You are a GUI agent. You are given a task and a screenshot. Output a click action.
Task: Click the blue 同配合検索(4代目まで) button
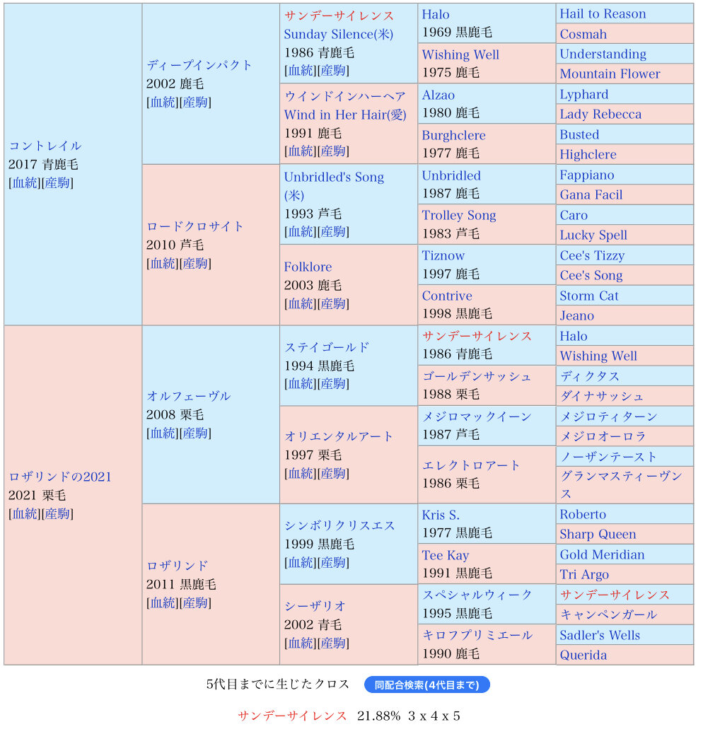coord(426,685)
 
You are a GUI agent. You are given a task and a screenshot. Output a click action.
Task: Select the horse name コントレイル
coord(45,146)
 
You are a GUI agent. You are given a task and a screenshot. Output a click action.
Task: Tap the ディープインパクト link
coord(199,65)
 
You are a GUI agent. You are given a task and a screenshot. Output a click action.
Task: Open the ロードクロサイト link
coord(194,226)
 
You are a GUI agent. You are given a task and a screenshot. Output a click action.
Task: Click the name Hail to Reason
coord(603,14)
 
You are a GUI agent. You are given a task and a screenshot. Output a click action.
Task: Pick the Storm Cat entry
coord(588,296)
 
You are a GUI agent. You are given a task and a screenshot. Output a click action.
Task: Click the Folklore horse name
coord(308,267)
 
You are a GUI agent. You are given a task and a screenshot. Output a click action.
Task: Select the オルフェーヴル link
coord(188,396)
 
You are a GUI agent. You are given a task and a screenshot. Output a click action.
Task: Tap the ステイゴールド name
coord(327,347)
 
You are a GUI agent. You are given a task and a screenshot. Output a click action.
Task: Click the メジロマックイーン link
coord(476,416)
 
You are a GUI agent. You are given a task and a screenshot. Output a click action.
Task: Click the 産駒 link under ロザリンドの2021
coord(57,513)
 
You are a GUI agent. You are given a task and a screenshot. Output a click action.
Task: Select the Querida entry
coord(583,655)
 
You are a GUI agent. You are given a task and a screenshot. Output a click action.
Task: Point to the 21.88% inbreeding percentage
coord(378,716)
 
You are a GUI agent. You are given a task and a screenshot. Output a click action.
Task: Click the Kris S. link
coord(441,515)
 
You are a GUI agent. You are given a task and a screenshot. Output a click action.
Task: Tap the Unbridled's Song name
coord(334,177)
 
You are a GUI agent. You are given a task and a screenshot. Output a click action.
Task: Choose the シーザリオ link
coord(315,606)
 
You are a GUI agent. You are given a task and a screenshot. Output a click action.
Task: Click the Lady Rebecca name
coord(600,115)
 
